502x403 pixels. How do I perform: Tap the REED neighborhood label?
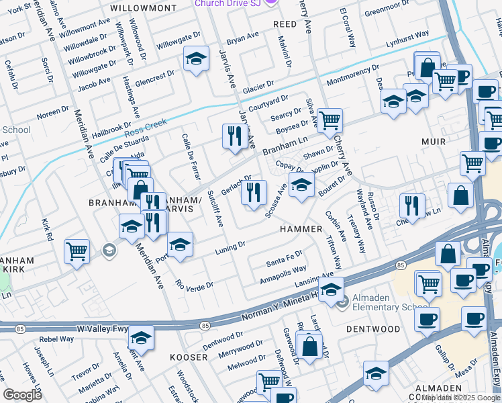285,24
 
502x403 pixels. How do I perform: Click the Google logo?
22,394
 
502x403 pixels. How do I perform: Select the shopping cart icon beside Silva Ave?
329,121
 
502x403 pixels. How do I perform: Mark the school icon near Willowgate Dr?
196,60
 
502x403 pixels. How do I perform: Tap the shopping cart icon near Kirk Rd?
77,252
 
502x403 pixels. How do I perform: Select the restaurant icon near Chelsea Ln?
412,206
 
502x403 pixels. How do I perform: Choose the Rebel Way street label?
56,339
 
